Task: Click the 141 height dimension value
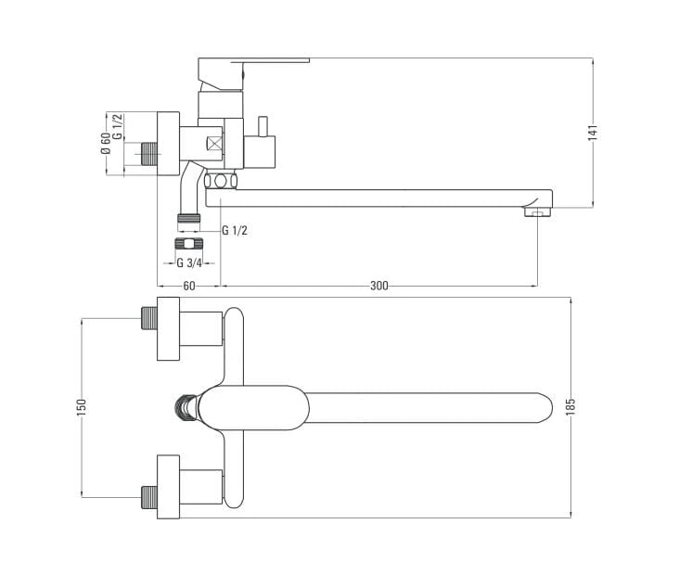[593, 132]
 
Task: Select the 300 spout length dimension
[379, 286]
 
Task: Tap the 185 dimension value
[570, 407]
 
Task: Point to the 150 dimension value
[82, 407]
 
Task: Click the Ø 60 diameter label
[105, 144]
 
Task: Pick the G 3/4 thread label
[189, 262]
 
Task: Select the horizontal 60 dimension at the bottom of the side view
[189, 286]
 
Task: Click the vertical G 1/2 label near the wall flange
[118, 126]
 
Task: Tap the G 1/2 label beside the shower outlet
[235, 230]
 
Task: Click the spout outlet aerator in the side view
[537, 211]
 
